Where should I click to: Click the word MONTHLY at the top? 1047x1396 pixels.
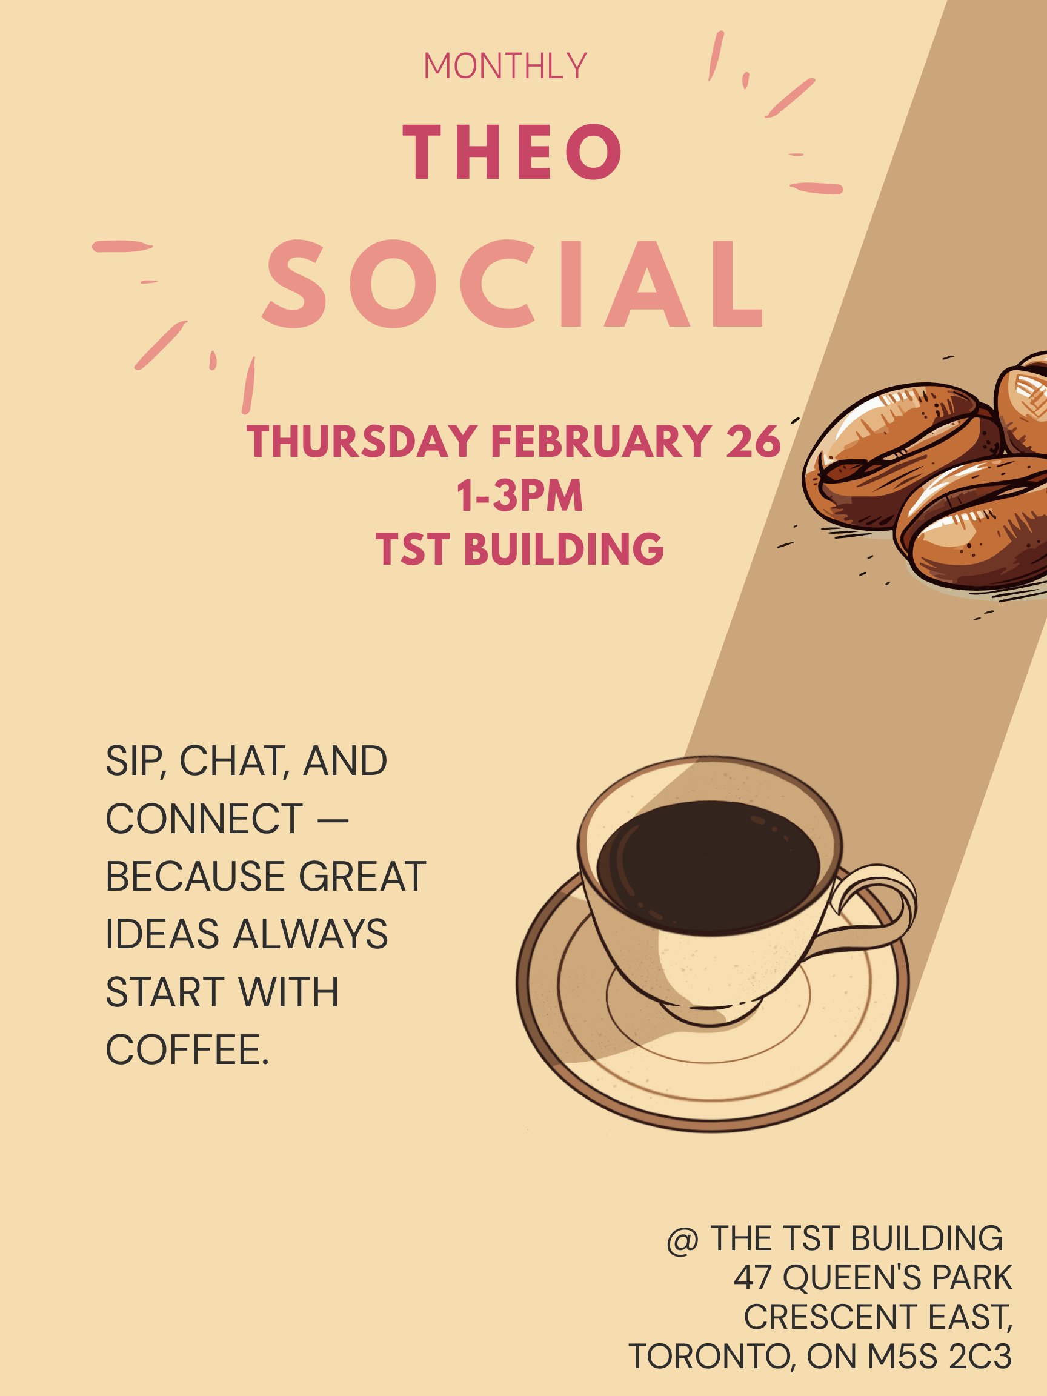505,65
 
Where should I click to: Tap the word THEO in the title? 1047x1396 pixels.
512,151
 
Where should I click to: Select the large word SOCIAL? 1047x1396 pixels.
513,284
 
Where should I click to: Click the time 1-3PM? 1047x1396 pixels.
519,496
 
